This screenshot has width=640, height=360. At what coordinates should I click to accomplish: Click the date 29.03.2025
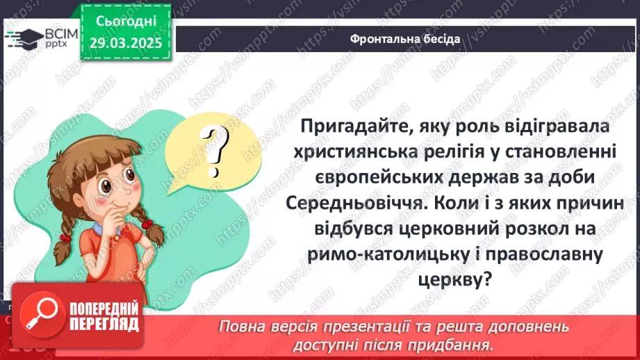tap(126, 43)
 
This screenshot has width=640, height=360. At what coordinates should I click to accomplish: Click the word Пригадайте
tap(359, 127)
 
